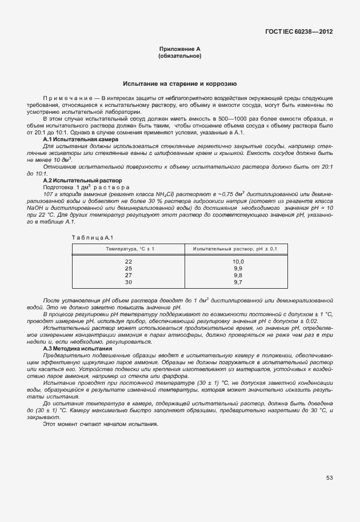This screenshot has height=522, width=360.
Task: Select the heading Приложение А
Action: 179,50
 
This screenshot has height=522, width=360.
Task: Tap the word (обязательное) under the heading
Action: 179,57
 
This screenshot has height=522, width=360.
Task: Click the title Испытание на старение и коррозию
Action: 179,84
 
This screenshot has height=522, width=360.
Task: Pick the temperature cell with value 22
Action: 129,261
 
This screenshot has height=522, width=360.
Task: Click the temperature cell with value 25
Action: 129,268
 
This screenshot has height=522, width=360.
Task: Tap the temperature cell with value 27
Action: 129,275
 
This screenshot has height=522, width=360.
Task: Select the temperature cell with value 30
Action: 129,282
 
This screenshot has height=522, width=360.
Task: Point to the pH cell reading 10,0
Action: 238,261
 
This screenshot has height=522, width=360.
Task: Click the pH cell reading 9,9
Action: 238,268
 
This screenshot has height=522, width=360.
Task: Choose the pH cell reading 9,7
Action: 238,282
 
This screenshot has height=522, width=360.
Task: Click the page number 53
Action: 329,477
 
